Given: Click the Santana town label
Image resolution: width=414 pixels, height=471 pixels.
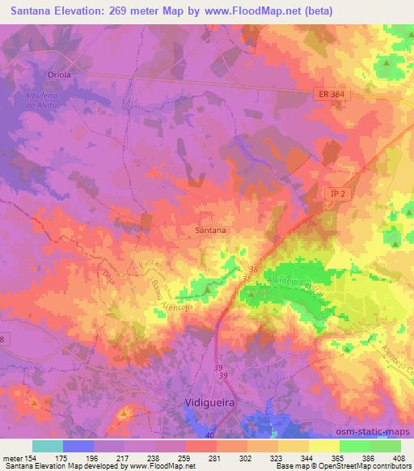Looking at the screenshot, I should click(x=210, y=230).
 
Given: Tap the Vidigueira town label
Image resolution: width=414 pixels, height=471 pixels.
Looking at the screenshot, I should click(x=206, y=402).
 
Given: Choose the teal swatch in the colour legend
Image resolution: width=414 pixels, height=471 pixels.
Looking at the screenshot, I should click(x=48, y=446).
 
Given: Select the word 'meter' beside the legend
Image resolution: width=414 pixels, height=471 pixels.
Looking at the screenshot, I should click(x=13, y=458).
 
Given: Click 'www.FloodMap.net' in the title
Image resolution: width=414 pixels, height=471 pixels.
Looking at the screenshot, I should click(x=243, y=12).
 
